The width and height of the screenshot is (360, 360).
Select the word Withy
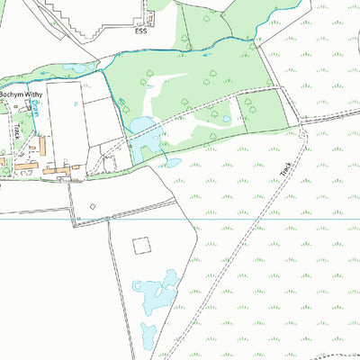[x=42, y=94]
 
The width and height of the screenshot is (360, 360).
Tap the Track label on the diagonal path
[x=285, y=168]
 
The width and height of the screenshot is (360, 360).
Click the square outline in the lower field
[x=141, y=245]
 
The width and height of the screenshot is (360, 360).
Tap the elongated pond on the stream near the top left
[x=76, y=67]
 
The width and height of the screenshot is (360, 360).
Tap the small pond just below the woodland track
[x=171, y=164]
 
